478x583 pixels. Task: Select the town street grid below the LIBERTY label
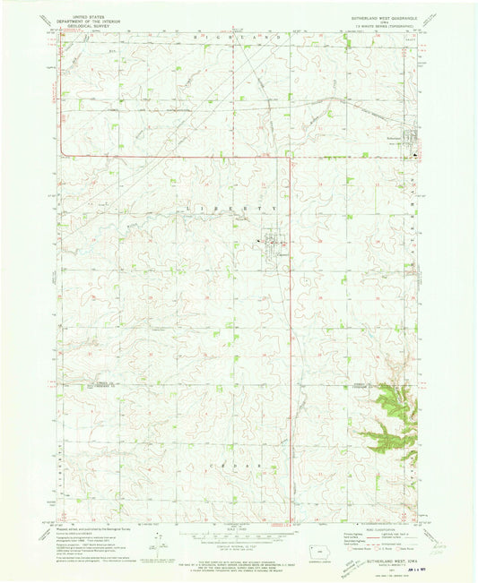(x=272, y=241)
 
